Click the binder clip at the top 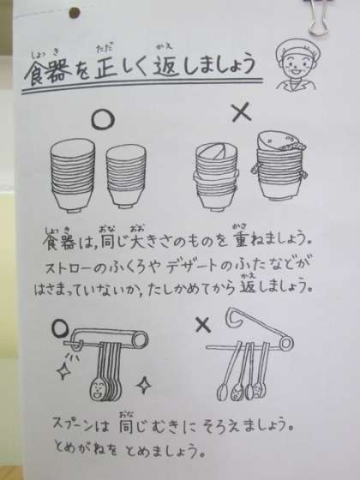click(317, 17)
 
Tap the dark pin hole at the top click(75, 13)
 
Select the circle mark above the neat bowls click(103, 120)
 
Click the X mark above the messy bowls click(242, 112)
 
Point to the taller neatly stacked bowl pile click(73, 175)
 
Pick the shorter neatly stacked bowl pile click(126, 177)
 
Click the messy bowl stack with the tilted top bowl click(216, 177)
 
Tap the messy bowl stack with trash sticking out click(279, 165)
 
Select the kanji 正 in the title click(106, 69)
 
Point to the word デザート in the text click(193, 267)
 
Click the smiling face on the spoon click(97, 390)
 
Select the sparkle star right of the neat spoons click(144, 385)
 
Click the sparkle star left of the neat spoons click(64, 371)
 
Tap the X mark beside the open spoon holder click(203, 325)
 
